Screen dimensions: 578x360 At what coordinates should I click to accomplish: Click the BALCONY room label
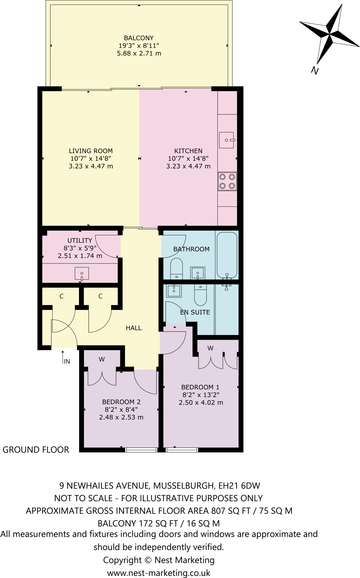139,38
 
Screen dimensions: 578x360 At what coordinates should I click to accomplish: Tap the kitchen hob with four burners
227,181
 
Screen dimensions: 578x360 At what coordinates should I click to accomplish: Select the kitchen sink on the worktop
226,140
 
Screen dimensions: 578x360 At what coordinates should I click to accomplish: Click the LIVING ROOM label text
91,151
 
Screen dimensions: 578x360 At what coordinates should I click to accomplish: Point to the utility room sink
82,274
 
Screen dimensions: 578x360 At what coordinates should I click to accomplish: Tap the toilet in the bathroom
177,268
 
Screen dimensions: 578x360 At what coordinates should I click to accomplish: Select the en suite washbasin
174,291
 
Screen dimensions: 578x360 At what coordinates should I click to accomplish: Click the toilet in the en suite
200,295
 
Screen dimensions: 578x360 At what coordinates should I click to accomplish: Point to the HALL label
134,328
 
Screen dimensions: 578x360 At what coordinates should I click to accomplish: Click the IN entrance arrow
63,357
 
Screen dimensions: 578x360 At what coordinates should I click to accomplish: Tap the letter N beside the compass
315,70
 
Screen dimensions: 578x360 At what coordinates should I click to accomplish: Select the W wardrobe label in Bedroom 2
102,359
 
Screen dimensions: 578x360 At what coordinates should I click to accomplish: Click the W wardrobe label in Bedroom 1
210,348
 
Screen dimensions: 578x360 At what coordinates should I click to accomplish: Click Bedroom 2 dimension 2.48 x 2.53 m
121,417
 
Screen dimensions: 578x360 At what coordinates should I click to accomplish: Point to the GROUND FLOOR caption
36,450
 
